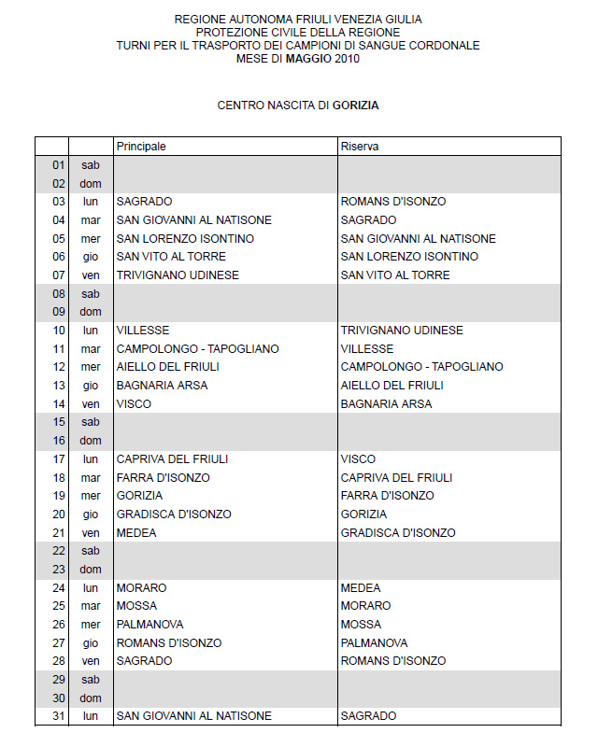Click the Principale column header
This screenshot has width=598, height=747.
click(141, 147)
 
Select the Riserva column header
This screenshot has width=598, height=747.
click(360, 147)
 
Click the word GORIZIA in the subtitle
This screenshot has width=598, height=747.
click(355, 106)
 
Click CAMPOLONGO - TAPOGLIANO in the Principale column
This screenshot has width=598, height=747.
click(197, 348)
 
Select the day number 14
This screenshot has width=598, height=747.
click(58, 404)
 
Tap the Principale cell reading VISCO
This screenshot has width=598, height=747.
click(134, 404)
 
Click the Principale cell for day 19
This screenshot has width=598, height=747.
click(139, 496)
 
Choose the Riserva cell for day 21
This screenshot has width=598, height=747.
click(398, 533)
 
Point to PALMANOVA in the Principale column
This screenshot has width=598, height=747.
click(149, 625)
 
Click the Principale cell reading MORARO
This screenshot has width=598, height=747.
click(141, 588)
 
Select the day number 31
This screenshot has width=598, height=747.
click(58, 716)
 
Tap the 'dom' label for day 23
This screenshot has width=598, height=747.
click(90, 570)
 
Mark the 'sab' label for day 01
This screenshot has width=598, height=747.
click(90, 165)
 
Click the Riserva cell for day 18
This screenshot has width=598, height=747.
click(396, 478)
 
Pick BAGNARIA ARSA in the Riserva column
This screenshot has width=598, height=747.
click(386, 404)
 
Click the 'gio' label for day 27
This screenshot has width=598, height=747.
click(90, 643)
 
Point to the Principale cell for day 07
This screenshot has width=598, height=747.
click(178, 275)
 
